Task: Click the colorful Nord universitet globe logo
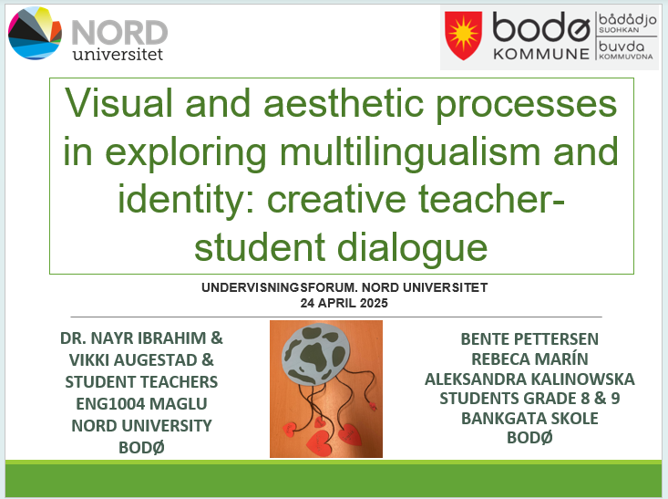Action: [x=35, y=33]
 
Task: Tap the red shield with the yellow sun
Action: [x=463, y=36]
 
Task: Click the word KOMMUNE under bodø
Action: [x=541, y=54]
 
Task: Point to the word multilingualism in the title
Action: [x=410, y=152]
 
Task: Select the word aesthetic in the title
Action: [x=344, y=103]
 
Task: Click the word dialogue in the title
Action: [x=413, y=248]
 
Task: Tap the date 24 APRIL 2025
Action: [x=344, y=303]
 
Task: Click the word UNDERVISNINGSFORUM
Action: [x=281, y=287]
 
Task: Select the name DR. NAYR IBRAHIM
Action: [x=133, y=338]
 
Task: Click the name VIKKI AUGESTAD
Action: [x=133, y=360]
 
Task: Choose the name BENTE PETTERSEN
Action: [x=529, y=339]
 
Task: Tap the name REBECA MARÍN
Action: [x=529, y=359]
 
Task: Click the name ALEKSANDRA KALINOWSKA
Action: [x=529, y=379]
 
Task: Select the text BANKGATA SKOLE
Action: [x=529, y=419]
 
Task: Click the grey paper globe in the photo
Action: [x=315, y=354]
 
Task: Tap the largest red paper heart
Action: [x=319, y=443]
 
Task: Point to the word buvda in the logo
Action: [x=622, y=46]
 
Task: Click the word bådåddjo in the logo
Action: [x=627, y=20]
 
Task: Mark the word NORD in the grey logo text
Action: [x=119, y=33]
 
